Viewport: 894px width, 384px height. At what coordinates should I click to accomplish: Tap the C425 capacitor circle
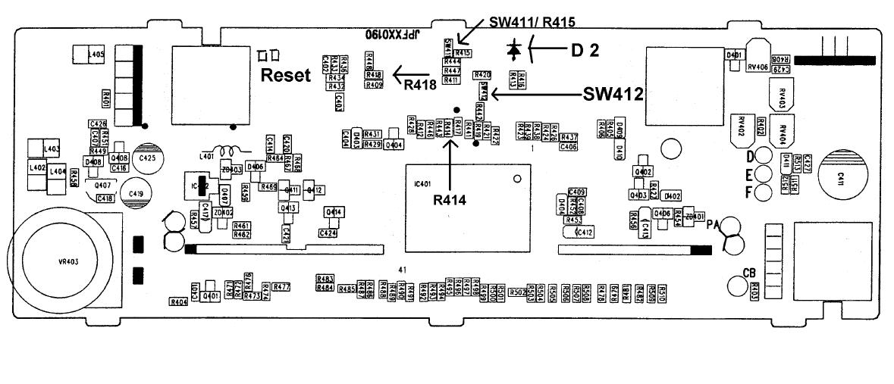(x=147, y=158)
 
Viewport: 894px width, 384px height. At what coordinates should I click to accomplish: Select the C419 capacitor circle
(x=136, y=194)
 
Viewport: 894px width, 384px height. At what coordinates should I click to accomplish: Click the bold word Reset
(x=287, y=75)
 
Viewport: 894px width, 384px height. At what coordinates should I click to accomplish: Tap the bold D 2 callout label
(x=585, y=51)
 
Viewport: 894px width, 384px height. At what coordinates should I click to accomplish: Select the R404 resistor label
(x=178, y=301)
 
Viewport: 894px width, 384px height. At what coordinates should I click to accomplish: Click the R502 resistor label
(x=518, y=292)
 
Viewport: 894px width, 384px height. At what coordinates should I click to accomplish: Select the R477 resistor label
(x=281, y=287)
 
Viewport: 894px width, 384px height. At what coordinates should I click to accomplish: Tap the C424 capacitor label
(x=328, y=233)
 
